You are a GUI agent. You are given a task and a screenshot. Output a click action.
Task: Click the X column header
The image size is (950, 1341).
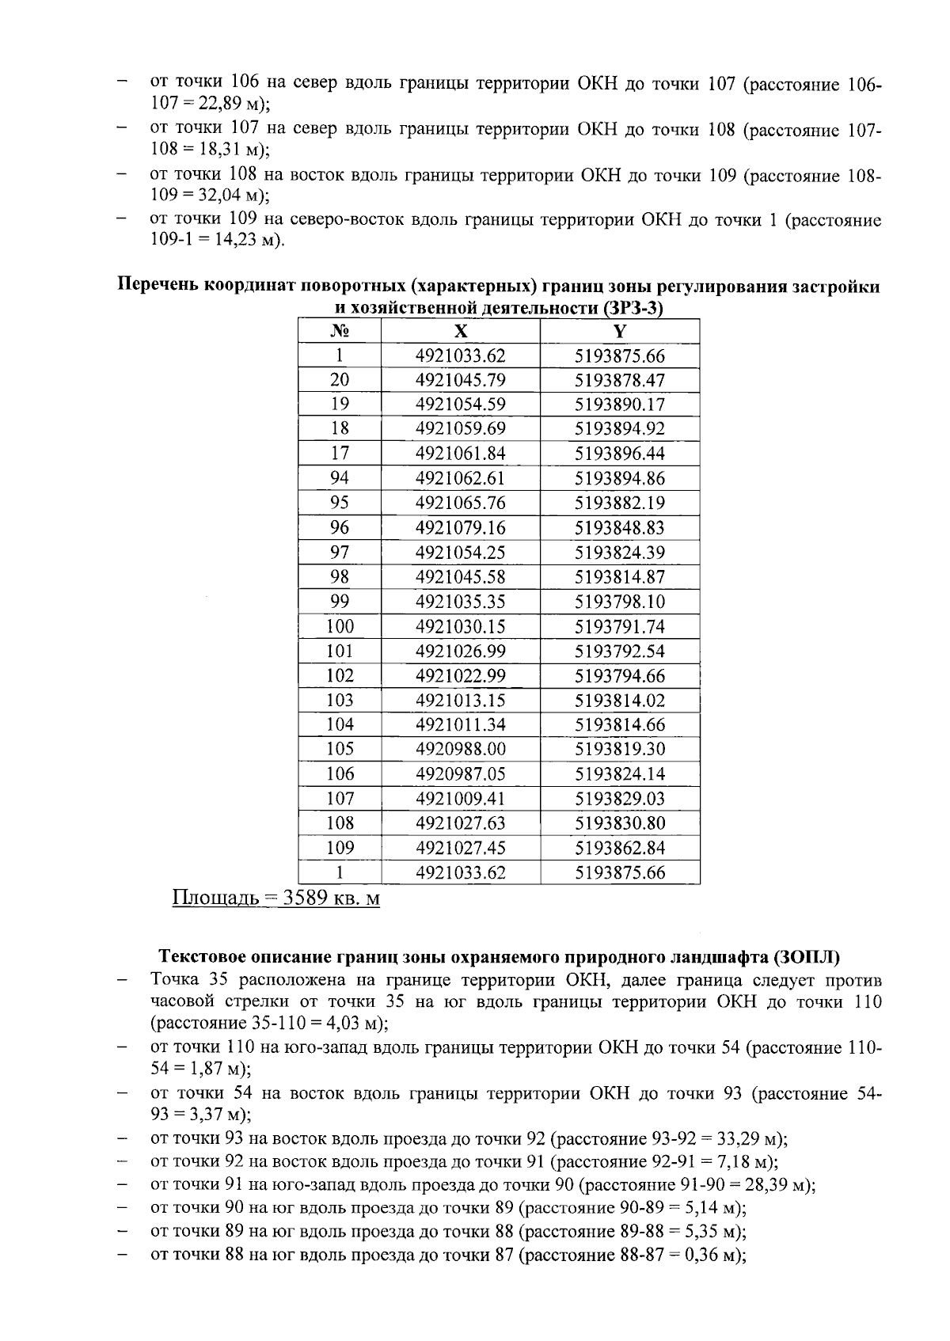click(460, 331)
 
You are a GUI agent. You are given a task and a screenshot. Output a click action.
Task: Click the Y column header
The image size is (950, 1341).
click(620, 331)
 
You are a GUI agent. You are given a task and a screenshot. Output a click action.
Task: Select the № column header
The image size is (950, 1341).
click(340, 331)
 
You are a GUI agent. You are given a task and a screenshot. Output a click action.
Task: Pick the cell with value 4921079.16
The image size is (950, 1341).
click(460, 527)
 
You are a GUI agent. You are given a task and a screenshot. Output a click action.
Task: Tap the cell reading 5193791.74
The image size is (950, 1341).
click(620, 627)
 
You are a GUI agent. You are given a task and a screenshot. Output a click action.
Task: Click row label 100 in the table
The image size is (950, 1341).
click(340, 627)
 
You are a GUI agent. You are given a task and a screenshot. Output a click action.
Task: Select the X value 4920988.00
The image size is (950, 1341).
click(460, 749)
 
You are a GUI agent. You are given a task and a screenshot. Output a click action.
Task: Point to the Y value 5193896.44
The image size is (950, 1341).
click(620, 454)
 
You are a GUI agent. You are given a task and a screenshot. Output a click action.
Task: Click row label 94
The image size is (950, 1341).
click(340, 478)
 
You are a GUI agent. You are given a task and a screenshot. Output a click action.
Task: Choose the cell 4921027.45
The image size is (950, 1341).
click(460, 848)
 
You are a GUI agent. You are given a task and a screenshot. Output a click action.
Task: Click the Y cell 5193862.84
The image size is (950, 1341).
click(620, 848)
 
